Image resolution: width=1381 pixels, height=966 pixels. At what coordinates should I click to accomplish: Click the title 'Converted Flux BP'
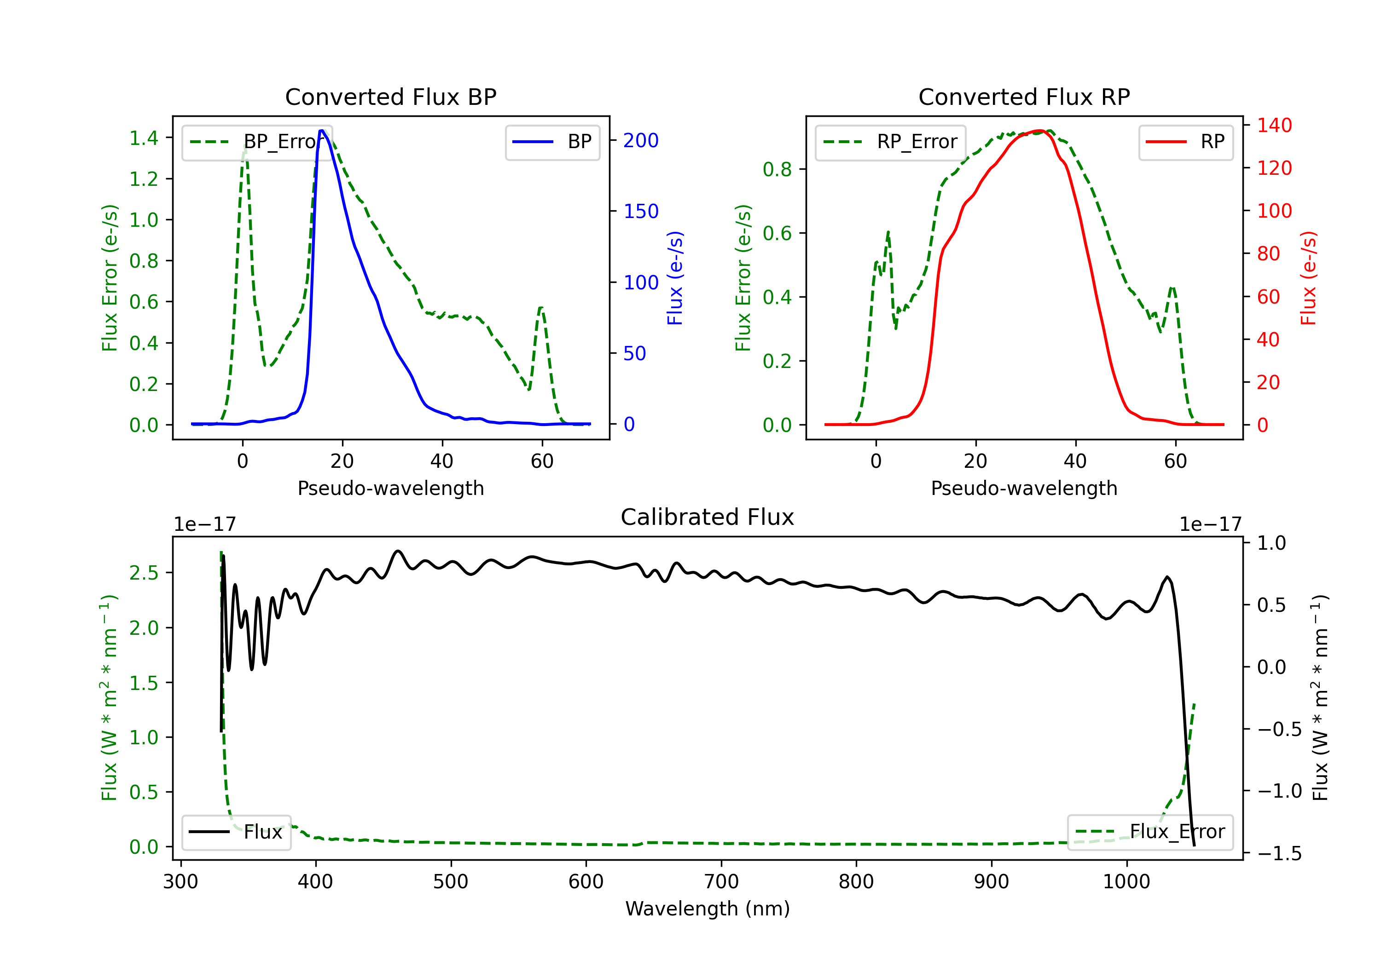point(390,97)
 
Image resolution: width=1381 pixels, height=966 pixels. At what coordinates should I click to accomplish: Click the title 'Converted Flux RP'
point(1024,97)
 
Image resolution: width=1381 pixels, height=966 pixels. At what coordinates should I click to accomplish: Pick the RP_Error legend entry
point(890,142)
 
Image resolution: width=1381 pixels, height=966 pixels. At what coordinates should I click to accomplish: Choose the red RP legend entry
point(1185,142)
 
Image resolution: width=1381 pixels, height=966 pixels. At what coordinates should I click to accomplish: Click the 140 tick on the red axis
point(1274,125)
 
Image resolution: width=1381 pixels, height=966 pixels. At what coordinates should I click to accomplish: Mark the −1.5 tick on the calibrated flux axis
point(1279,854)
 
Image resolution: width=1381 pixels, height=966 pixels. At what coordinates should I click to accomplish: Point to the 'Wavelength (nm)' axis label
point(708,908)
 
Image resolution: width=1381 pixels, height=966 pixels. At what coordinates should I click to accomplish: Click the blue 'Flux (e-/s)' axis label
point(675,278)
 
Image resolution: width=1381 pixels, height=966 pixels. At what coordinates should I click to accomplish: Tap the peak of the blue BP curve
point(322,131)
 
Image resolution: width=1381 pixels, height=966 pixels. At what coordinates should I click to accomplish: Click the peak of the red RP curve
point(1039,131)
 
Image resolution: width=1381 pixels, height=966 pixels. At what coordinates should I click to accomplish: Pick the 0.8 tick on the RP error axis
point(777,170)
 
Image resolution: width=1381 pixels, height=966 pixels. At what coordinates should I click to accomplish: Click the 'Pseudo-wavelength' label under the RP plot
point(1024,488)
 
